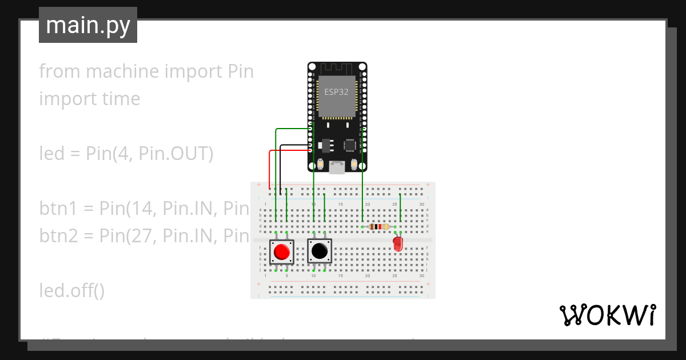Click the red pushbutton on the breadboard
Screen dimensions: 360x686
click(282, 251)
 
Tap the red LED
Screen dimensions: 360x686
click(398, 245)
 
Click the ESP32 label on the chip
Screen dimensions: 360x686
click(337, 92)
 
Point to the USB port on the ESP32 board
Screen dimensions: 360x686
click(337, 167)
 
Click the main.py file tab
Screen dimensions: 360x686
click(88, 25)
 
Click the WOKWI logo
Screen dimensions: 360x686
click(607, 315)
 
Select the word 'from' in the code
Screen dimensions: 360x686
click(58, 71)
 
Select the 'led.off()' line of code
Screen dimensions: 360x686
click(72, 291)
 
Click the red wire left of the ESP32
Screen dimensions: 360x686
click(270, 169)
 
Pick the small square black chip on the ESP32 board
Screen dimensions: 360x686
click(350, 145)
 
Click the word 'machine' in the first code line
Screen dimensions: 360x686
click(121, 71)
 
